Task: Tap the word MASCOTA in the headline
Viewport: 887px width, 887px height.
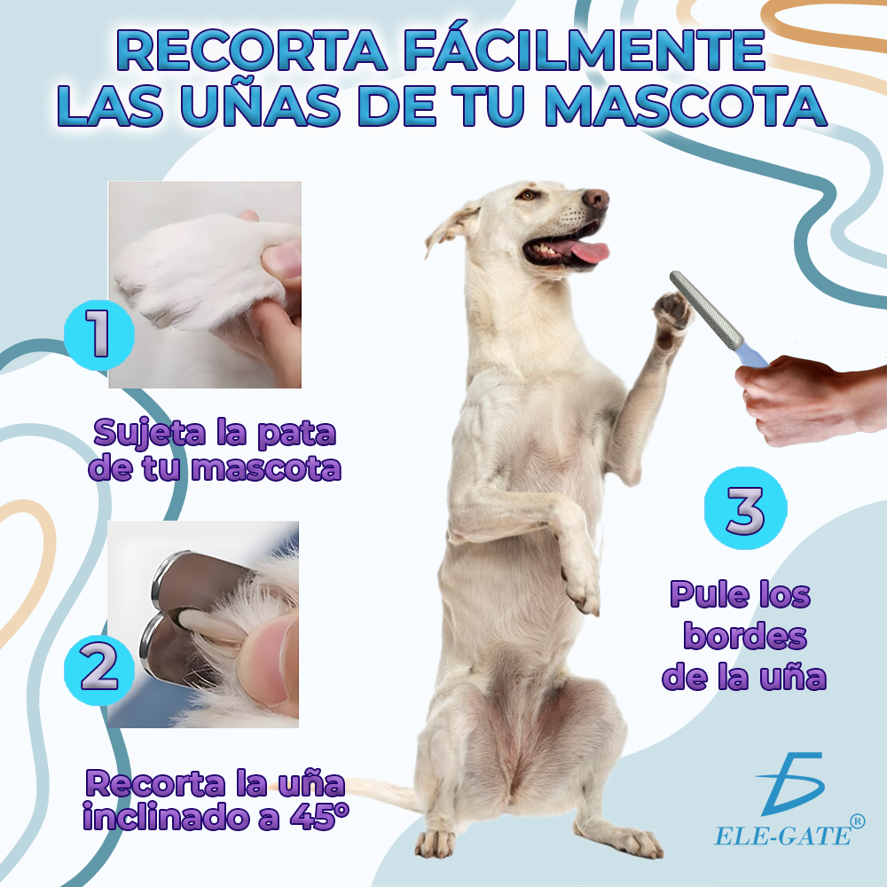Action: pyautogui.click(x=685, y=106)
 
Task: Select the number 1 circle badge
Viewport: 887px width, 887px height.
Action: pyautogui.click(x=99, y=335)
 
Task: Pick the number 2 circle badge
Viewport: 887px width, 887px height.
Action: pyautogui.click(x=99, y=669)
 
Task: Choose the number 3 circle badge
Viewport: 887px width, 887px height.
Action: pyautogui.click(x=746, y=508)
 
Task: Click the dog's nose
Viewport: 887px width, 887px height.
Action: pyautogui.click(x=596, y=198)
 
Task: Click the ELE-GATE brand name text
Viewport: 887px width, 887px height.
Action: pyautogui.click(x=783, y=836)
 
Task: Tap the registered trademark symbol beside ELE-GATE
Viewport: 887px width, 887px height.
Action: pyautogui.click(x=858, y=820)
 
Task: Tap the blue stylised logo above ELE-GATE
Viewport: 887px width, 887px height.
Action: pyautogui.click(x=792, y=784)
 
